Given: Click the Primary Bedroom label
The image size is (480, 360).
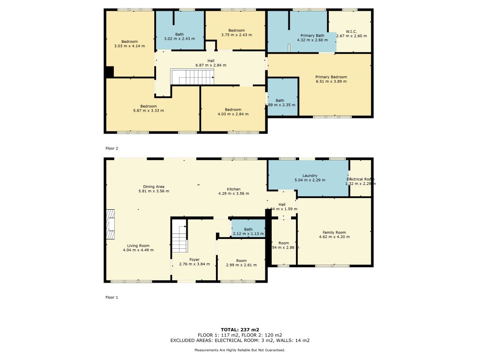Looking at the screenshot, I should click(x=331, y=77).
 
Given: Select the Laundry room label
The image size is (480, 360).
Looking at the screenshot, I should click(x=310, y=175).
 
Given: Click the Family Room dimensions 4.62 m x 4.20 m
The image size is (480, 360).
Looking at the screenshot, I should click(x=334, y=237).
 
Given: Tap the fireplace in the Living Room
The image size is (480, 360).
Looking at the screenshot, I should click(x=111, y=225).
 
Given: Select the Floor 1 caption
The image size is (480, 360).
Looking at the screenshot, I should click(x=111, y=297).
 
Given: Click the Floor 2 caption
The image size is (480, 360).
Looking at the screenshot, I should click(x=111, y=148).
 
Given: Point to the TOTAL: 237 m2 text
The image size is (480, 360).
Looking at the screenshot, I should click(x=240, y=329).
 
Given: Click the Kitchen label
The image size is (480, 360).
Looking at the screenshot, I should click(x=233, y=189).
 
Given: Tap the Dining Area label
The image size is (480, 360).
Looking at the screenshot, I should click(x=153, y=186).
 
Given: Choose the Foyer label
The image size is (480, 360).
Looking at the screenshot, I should click(x=194, y=260).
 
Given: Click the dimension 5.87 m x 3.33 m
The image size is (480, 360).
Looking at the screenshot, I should click(x=148, y=111).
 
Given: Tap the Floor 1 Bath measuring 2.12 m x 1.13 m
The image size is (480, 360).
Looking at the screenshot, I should click(x=248, y=231).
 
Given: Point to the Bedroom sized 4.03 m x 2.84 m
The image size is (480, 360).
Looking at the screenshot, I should click(x=233, y=112).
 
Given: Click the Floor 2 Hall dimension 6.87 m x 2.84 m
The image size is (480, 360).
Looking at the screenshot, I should click(x=211, y=65).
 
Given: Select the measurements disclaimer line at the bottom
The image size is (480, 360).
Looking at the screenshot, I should click(x=240, y=350).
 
